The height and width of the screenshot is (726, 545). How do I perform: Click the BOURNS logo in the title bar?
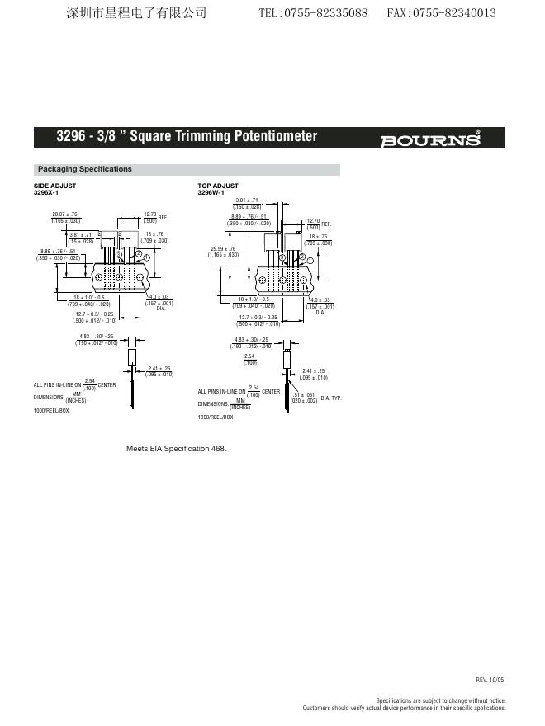[x=430, y=139]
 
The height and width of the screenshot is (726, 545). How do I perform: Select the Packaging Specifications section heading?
[x=85, y=169]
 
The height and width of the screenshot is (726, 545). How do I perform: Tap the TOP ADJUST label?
[x=218, y=186]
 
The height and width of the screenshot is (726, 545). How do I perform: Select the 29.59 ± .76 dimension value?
[x=223, y=249]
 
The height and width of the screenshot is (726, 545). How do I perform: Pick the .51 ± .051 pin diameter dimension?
[x=305, y=395]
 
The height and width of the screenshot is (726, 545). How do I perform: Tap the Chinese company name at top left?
[x=135, y=13]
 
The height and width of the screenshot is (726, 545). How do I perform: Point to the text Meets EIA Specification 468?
[x=176, y=449]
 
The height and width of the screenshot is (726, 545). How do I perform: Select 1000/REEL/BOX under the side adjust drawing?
[x=51, y=410]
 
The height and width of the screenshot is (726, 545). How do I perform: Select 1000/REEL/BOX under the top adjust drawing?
[x=216, y=417]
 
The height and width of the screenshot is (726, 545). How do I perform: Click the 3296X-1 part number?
[x=46, y=192]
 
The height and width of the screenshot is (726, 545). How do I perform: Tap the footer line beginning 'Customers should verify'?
[x=404, y=708]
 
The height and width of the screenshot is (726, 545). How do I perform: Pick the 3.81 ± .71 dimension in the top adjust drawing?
[x=247, y=200]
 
